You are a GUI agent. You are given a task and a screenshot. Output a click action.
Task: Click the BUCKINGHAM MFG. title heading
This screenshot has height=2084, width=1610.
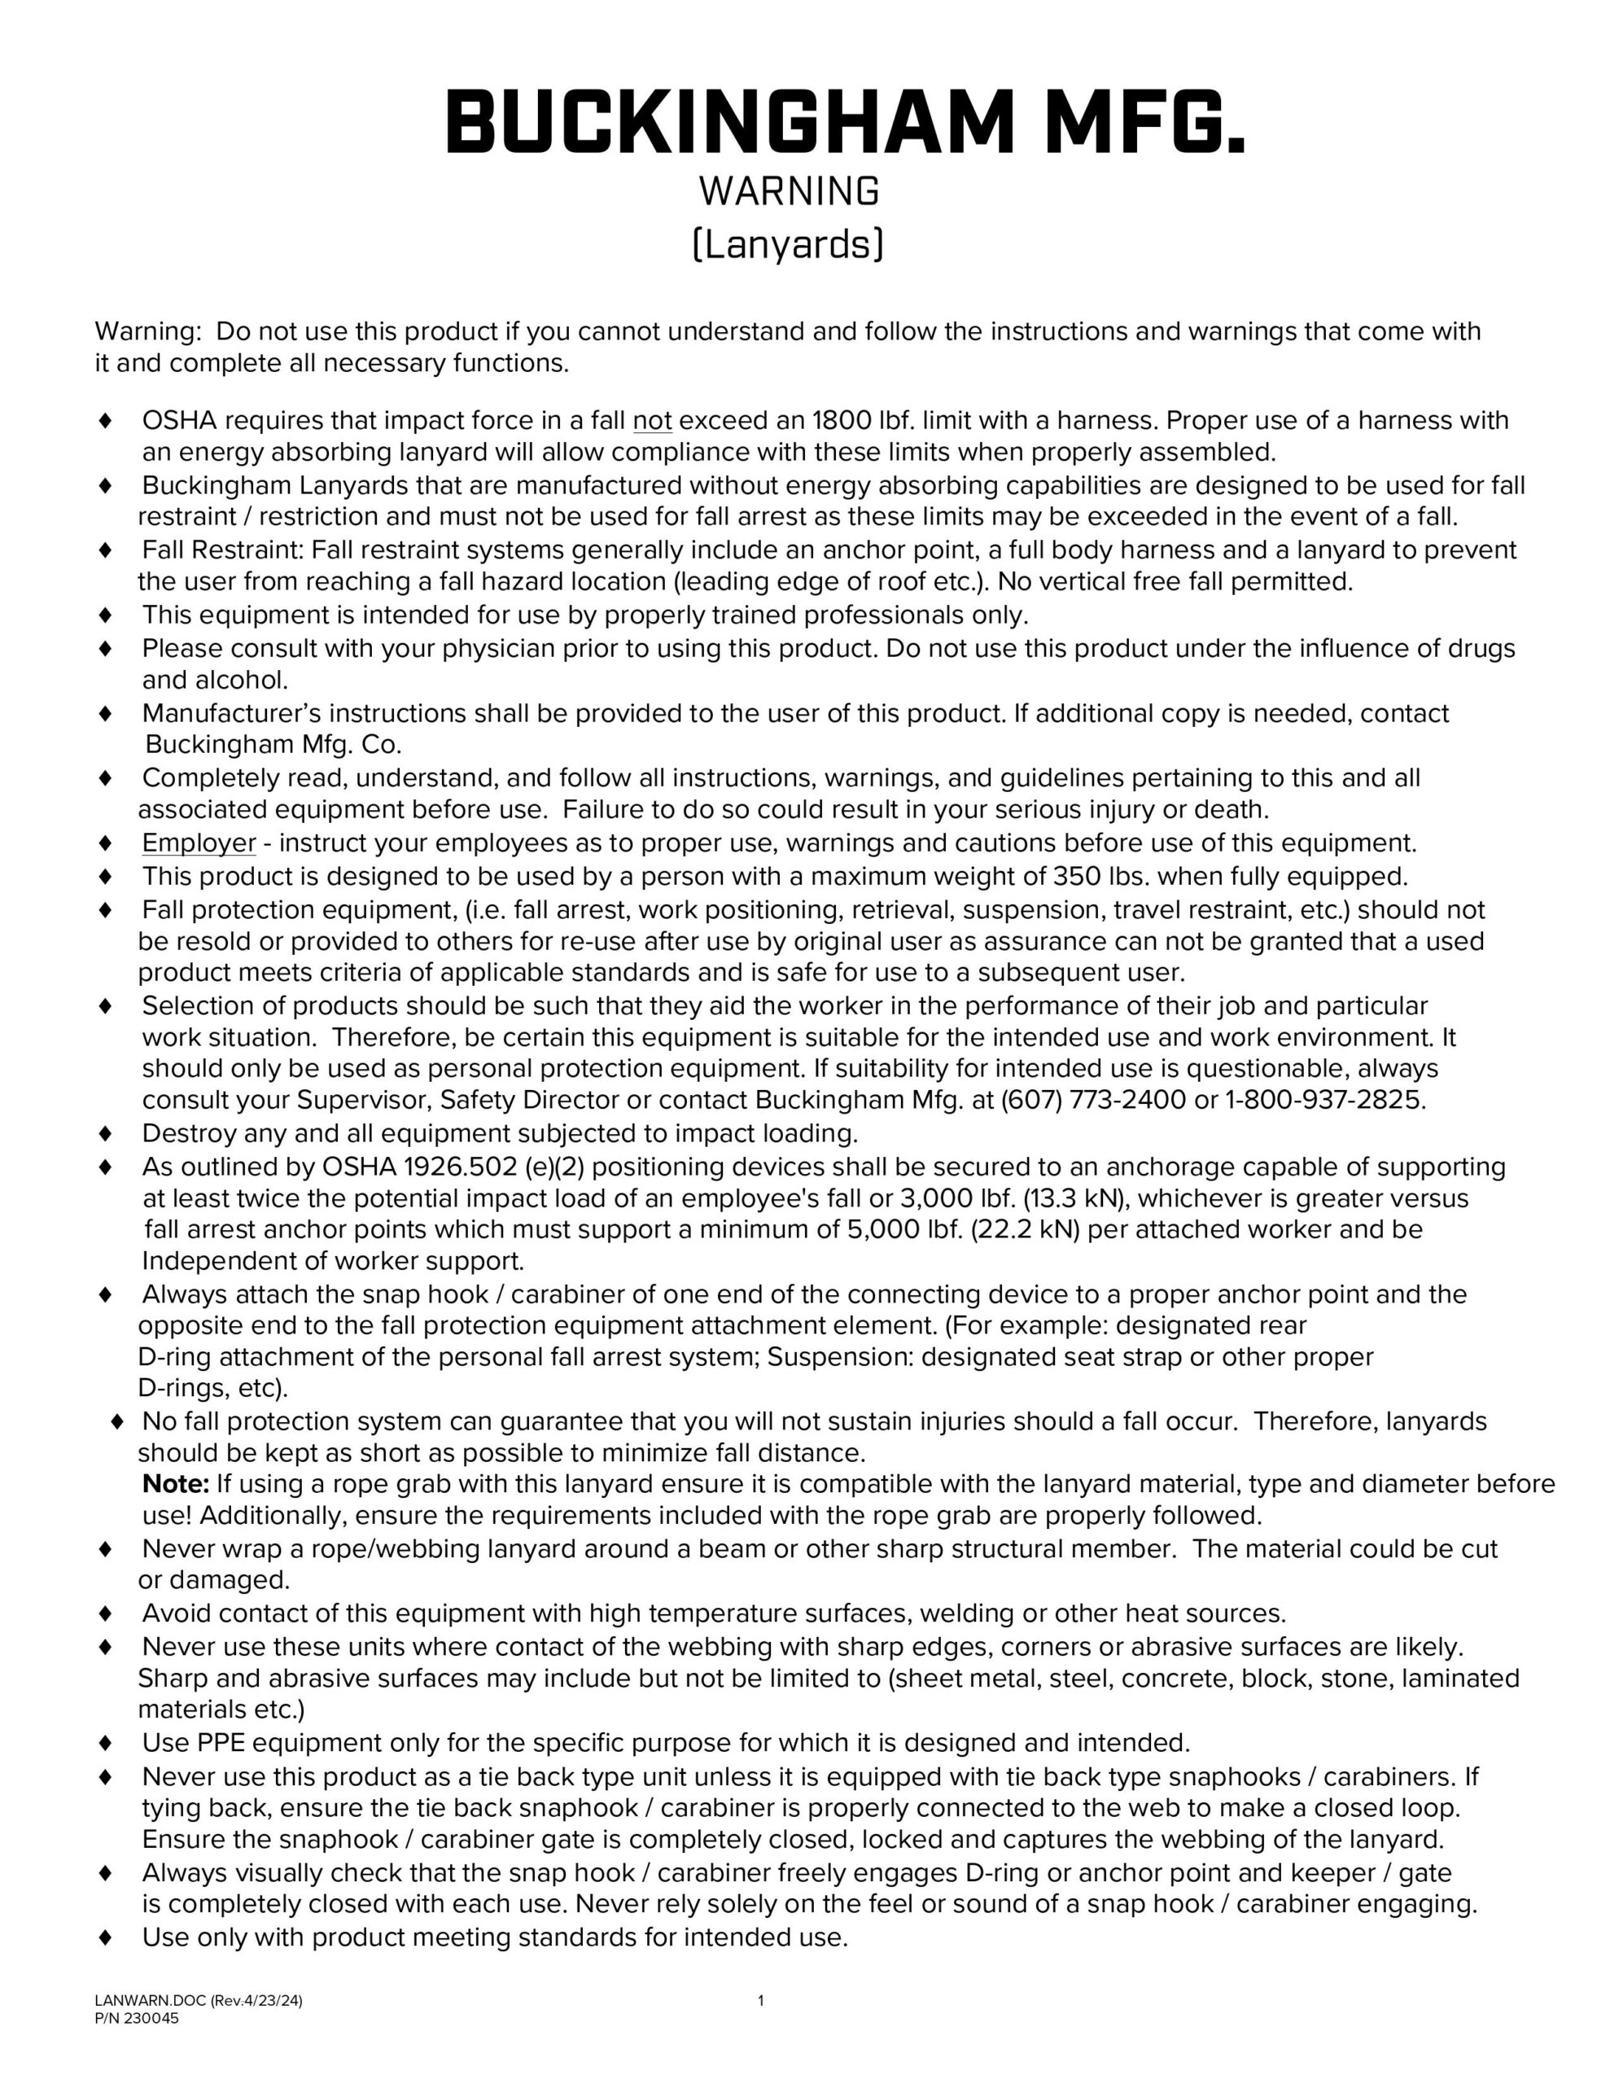click(x=845, y=123)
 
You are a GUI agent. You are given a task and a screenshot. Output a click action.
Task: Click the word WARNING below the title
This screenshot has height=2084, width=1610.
click(x=788, y=193)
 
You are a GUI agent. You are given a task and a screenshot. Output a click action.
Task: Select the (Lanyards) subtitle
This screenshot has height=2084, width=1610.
click(x=788, y=245)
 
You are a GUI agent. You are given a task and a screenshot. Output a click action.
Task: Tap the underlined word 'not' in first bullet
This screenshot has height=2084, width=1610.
click(x=653, y=421)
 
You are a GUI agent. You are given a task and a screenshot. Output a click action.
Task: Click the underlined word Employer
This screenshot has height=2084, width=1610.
click(x=199, y=843)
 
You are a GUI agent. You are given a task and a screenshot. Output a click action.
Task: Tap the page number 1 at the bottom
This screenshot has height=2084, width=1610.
click(x=760, y=2001)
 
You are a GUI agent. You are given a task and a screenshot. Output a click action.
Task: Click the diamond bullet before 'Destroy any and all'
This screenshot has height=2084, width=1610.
click(x=106, y=1135)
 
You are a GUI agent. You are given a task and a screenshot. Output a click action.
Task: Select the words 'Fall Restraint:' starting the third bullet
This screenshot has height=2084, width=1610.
click(x=223, y=550)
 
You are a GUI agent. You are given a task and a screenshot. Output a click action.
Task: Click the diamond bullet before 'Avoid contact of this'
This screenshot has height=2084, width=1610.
click(x=106, y=1613)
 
